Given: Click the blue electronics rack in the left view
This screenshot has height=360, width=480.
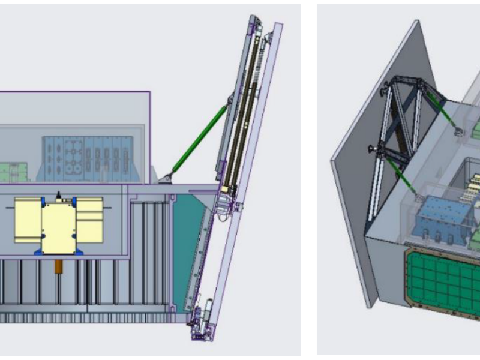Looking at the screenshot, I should (x=87, y=158).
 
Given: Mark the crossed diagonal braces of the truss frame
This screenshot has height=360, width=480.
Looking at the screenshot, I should (x=403, y=120).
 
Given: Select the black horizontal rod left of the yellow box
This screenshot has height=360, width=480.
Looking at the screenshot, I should (x=7, y=208).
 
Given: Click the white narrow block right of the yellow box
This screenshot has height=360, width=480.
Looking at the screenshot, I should (x=90, y=219).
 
